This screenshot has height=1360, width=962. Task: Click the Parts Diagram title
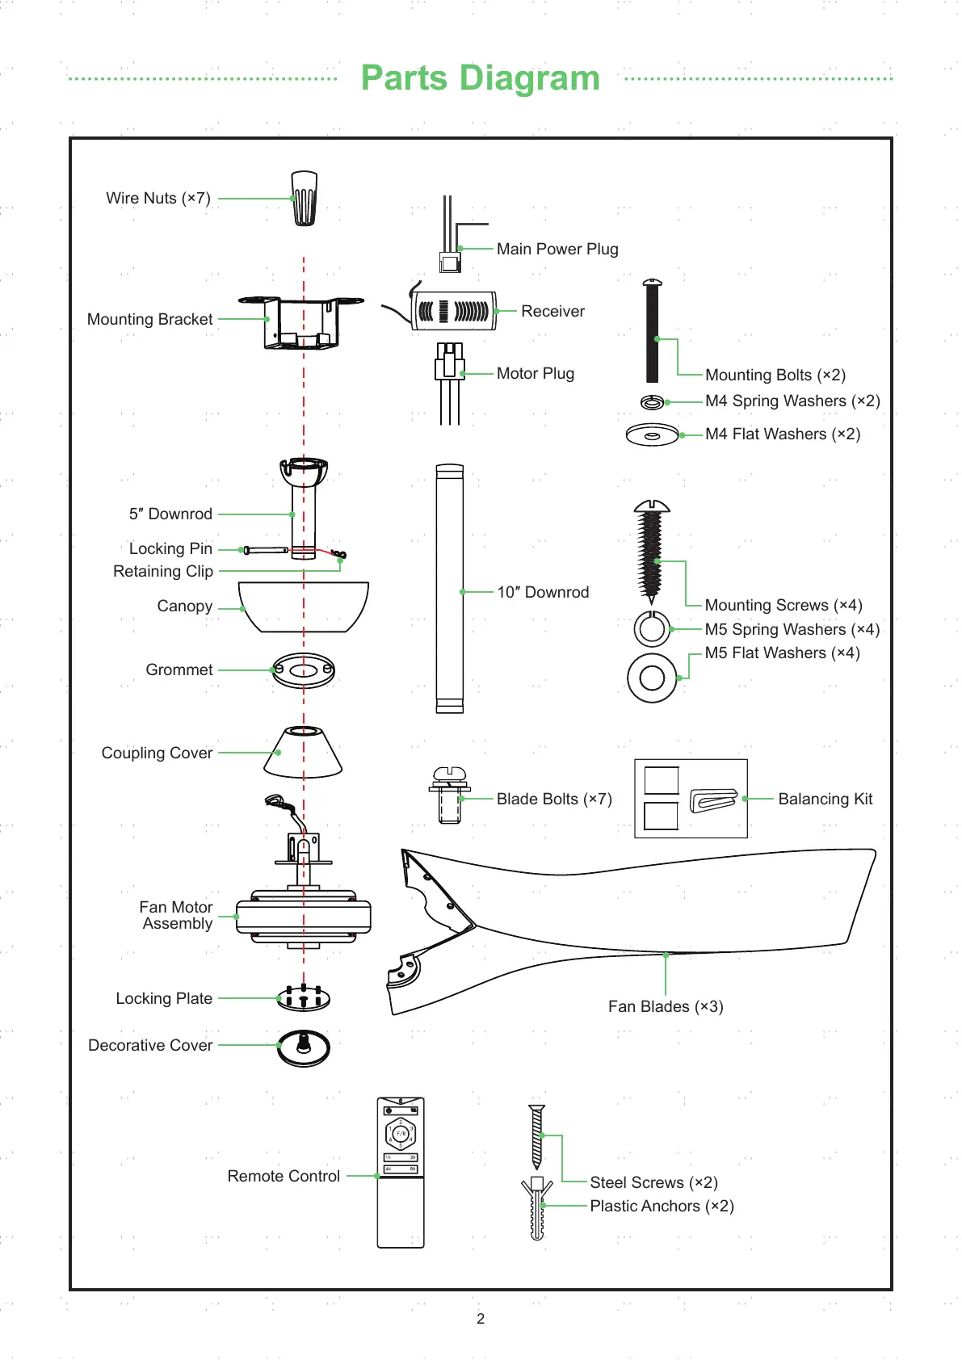pos(480,78)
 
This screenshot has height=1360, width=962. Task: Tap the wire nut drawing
pos(304,198)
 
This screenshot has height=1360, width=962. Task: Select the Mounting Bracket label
pos(149,320)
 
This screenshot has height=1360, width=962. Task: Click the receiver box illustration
pos(453,311)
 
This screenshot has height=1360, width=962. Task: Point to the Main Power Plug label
pos(557,250)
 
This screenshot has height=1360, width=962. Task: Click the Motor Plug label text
pos(535,374)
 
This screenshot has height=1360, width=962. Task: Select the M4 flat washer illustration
pos(652,435)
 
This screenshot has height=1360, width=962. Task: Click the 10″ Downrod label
pos(543,593)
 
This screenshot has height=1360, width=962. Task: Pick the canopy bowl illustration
pos(305,606)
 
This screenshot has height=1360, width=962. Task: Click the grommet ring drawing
pos(304,670)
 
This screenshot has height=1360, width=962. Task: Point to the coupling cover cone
pos(303,753)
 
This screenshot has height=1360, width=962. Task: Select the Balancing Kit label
pos(825,800)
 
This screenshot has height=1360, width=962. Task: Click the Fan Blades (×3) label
pos(666,1007)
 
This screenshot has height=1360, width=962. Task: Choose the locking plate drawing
pos(304,999)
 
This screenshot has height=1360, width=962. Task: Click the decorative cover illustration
pos(304,1047)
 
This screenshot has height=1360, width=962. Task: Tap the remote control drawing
pos(401,1172)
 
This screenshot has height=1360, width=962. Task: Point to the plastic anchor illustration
pos(537,1208)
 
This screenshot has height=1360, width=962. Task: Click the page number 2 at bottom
pos(481,1319)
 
